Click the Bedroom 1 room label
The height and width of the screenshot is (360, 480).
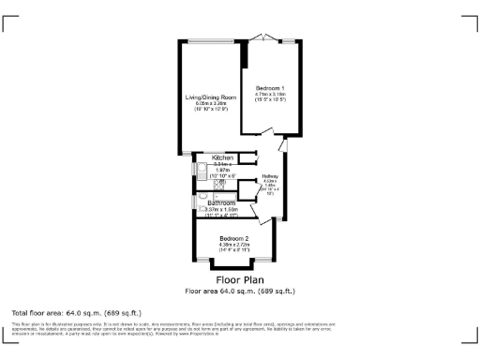point(269,87)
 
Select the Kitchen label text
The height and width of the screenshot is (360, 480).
point(222,157)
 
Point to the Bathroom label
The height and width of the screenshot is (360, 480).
point(221,202)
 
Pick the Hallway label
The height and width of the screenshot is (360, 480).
point(270,175)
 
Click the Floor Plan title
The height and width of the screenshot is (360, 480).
point(240,279)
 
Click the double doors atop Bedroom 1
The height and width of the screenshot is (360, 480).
point(265,39)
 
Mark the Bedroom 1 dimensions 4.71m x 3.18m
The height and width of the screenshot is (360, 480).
point(269,97)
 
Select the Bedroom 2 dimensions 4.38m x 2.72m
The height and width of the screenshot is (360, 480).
point(232,247)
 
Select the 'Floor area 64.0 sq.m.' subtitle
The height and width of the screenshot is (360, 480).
point(240,291)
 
